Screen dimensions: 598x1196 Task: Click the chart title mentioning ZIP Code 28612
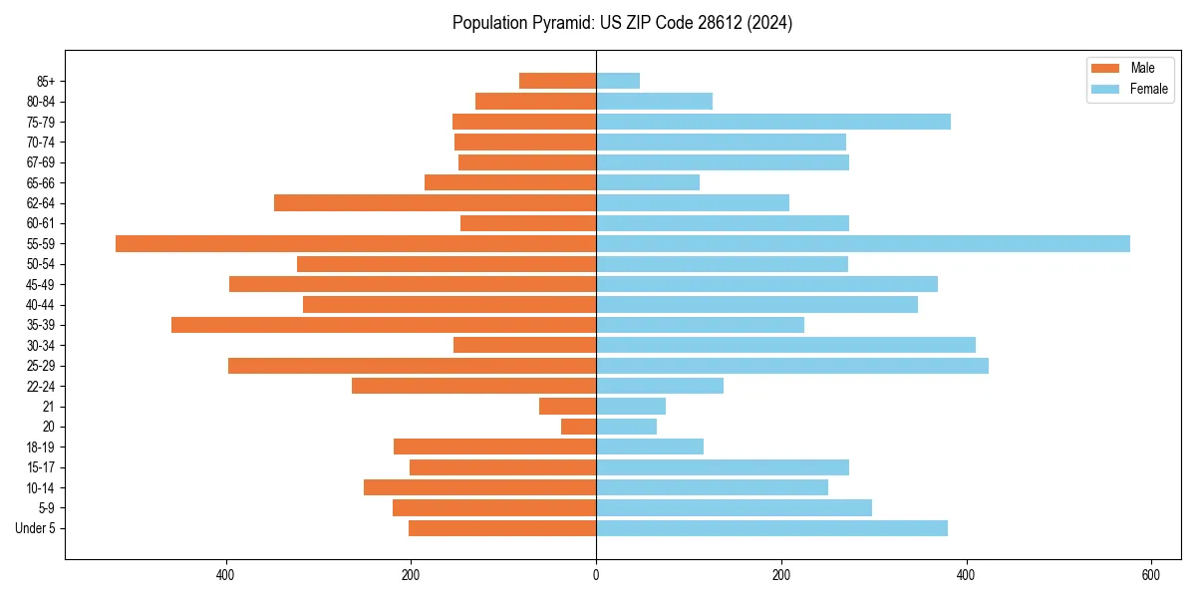point(622,23)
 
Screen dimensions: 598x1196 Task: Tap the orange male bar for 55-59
point(356,243)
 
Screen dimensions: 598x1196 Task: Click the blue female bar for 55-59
point(863,243)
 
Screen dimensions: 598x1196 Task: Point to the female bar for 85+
point(618,81)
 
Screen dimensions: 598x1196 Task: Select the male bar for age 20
point(579,427)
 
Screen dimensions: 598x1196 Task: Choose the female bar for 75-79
point(773,122)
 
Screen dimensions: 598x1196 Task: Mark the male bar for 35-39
point(384,325)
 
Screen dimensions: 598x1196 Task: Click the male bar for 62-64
point(436,202)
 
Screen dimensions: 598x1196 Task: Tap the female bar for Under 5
point(771,528)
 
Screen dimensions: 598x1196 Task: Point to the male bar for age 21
point(568,406)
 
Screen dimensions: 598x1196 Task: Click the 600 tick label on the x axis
point(1150,575)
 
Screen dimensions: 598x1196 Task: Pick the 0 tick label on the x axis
point(596,575)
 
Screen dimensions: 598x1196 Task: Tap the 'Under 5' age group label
point(35,528)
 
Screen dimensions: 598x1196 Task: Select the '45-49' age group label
point(41,284)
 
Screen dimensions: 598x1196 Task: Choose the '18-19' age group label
point(41,447)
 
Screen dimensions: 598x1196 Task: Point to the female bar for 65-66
point(648,182)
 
